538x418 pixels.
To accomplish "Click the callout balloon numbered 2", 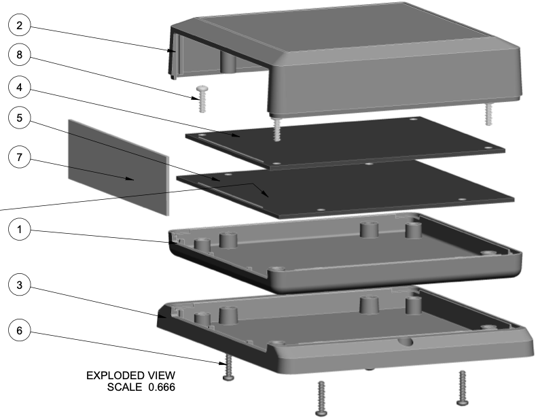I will [x=20, y=27].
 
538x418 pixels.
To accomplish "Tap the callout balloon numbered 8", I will [x=20, y=56].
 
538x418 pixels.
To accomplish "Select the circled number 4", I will [x=20, y=88].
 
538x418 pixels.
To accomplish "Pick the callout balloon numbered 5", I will [x=20, y=118].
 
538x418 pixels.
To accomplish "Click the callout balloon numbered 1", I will [x=20, y=230].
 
